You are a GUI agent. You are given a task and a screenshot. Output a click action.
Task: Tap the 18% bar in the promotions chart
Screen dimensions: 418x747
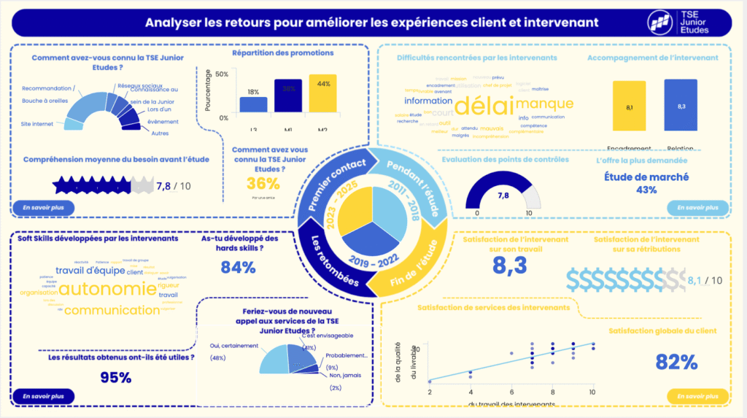tap(253, 104)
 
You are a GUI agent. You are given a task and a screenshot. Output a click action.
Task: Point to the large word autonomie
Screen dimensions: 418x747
tap(107, 289)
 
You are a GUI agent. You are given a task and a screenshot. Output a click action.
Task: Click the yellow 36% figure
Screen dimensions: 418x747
tap(263, 183)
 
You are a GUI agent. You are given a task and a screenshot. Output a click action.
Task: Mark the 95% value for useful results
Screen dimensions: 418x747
tap(115, 377)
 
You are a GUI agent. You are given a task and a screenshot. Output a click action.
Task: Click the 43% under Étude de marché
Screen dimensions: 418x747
tap(646, 190)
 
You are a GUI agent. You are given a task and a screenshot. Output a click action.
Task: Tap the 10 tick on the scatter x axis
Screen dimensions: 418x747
tap(592, 392)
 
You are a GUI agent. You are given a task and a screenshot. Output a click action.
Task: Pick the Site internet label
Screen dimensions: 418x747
tap(37, 124)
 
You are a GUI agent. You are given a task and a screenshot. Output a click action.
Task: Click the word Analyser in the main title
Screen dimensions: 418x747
tap(173, 23)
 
